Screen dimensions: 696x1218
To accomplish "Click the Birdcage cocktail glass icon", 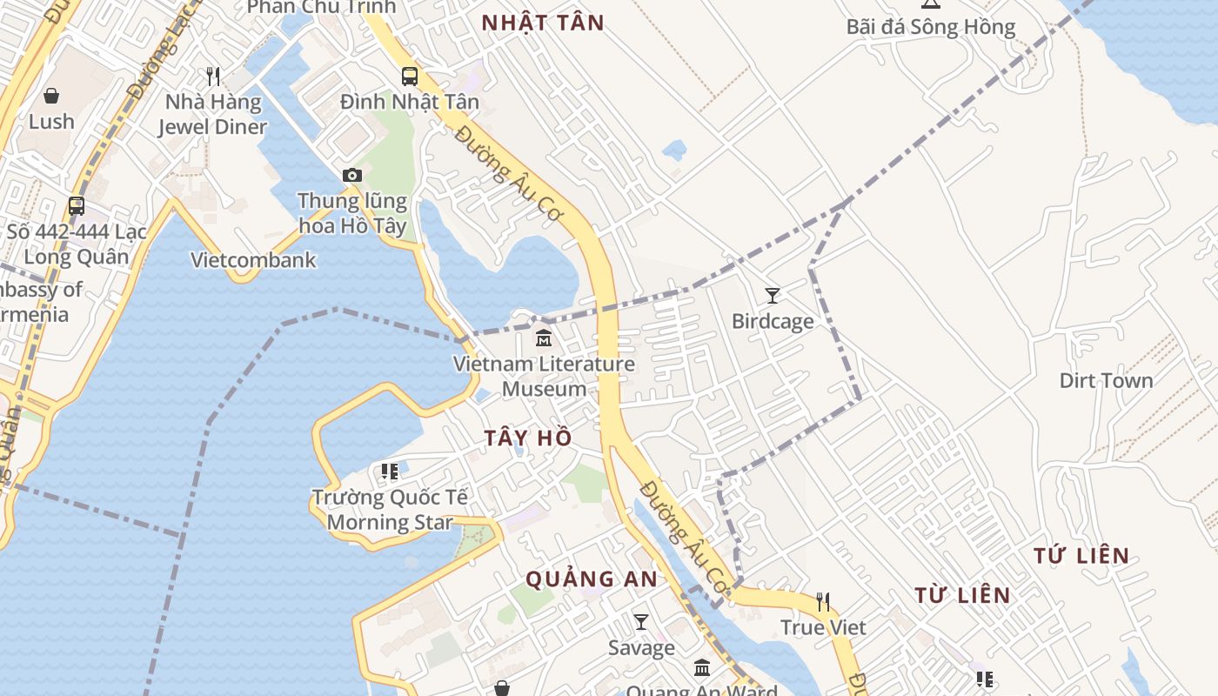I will pos(772,296).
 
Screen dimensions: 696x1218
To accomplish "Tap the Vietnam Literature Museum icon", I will pos(544,338).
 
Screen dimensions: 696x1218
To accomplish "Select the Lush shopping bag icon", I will pos(51,96).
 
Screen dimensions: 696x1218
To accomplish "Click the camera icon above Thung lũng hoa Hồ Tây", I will pos(351,175).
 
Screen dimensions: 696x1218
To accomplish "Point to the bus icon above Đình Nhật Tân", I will pos(410,76).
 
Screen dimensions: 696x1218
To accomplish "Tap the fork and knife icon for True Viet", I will pos(822,601).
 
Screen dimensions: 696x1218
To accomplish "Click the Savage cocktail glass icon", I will pos(641,622).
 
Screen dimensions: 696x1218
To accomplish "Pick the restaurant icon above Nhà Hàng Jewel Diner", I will pos(213,77).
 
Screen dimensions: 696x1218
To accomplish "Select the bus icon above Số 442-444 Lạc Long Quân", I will pos(77,206).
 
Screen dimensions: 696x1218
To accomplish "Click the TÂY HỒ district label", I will pos(528,438).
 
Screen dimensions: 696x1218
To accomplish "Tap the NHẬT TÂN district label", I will pos(543,23).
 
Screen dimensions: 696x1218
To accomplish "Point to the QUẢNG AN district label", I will pos(592,579).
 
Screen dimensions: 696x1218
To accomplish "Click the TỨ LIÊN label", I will pos(1081,555).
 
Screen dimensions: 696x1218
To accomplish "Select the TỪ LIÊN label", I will pos(962,595).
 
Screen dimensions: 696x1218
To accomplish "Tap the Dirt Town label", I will pos(1106,381).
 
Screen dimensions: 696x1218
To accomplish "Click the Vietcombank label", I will pos(253,260).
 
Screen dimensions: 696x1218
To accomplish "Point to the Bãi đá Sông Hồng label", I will pos(931,27).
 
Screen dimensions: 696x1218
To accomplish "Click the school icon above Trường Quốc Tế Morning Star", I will pos(389,472).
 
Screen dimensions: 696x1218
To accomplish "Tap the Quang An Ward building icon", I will pos(702,668).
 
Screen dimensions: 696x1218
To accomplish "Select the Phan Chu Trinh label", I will pos(321,7).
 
